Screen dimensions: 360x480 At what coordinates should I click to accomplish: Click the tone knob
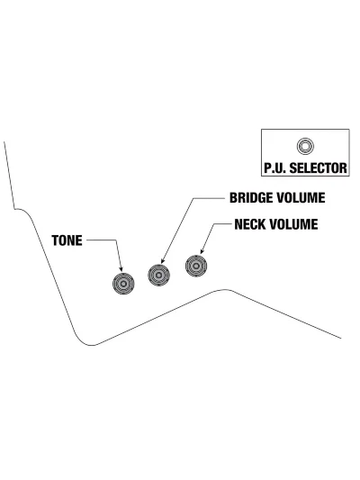pos(123,284)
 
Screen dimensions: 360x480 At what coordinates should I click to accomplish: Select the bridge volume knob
pos(158,276)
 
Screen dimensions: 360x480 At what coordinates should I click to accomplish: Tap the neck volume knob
pos(196,266)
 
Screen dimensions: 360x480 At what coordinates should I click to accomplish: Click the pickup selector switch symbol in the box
pos(305,146)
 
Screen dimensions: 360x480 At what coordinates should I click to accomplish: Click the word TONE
pos(67,240)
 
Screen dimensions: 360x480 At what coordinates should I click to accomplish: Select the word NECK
pos(250,224)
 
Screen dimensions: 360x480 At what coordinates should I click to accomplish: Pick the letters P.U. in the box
pos(275,168)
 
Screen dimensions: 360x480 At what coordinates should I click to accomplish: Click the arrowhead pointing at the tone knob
pos(121,268)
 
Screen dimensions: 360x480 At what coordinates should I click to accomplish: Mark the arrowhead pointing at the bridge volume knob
pos(163,260)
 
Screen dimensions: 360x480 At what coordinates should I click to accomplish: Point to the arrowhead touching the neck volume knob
pos(202,251)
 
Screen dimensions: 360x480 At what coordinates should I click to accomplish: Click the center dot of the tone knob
pos(123,284)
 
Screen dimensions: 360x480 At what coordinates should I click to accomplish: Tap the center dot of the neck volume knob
pos(196,266)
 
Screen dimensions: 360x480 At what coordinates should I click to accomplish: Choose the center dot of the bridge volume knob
pos(158,276)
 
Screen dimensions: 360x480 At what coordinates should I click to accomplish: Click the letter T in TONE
pos(55,240)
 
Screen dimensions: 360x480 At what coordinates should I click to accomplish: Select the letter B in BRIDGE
pos(233,198)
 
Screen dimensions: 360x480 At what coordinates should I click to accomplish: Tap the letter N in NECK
pos(238,224)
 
